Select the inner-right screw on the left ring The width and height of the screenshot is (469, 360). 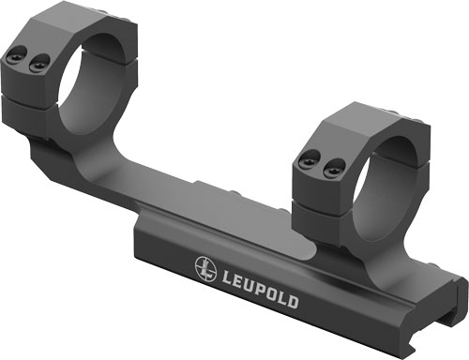[38, 64]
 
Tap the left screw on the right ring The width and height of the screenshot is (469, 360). [305, 160]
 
